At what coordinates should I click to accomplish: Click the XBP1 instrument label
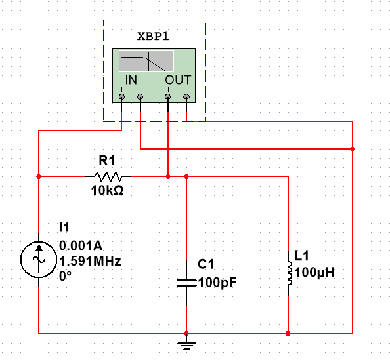[154, 36]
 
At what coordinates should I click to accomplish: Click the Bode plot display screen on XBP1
[146, 62]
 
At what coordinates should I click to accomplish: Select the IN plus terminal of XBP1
[122, 97]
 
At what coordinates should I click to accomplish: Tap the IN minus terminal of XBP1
[141, 97]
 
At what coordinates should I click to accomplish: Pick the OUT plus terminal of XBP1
[168, 97]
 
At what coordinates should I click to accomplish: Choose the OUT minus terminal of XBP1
[186, 97]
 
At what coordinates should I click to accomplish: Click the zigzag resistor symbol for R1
[109, 176]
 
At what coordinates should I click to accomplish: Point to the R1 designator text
[106, 161]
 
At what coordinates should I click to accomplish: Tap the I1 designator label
[64, 228]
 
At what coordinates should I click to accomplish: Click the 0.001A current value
[81, 246]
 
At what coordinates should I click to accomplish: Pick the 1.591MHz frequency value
[90, 260]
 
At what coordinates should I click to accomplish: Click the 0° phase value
[66, 275]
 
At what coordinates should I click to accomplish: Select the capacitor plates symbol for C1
[186, 282]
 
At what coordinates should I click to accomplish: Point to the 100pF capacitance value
[217, 283]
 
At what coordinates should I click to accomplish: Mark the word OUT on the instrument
[177, 79]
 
